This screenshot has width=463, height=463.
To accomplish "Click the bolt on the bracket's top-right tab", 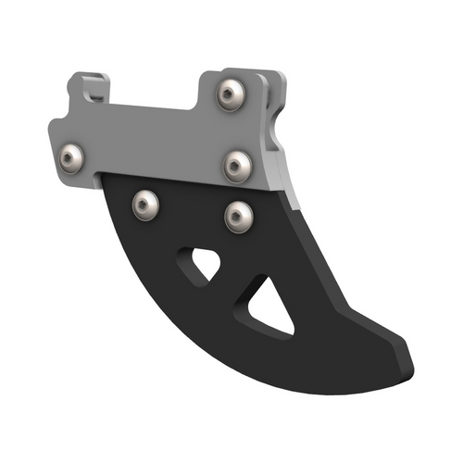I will (231, 94).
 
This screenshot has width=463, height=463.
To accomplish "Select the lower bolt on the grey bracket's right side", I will (238, 167).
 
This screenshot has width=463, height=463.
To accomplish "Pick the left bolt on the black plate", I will (144, 205).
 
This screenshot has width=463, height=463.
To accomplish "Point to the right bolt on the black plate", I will (238, 217).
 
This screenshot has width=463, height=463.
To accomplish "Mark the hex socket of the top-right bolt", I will (231, 94).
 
